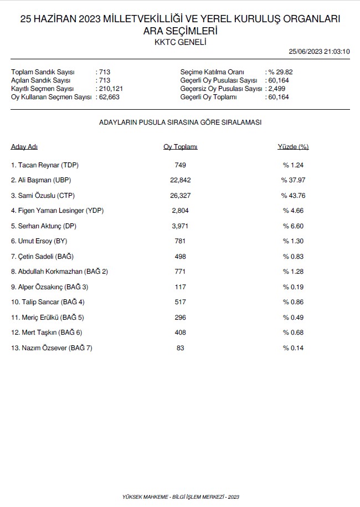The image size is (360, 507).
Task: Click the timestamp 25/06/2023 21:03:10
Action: [x=320, y=52]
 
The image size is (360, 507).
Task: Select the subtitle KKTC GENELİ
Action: [x=180, y=42]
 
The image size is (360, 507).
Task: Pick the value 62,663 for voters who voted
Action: [x=109, y=97]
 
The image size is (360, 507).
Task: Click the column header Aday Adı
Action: [x=24, y=147]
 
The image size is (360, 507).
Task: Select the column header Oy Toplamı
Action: [x=180, y=147]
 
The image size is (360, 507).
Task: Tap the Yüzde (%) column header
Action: [x=293, y=147]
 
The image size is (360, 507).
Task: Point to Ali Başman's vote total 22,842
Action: [x=180, y=180]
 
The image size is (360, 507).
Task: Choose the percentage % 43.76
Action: [x=293, y=196]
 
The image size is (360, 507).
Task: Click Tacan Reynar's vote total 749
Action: [x=180, y=165]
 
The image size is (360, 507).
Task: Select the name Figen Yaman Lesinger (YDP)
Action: [x=58, y=211]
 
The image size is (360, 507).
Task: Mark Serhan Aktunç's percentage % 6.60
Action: [x=293, y=226]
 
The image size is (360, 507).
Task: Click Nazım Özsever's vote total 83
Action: [x=180, y=348]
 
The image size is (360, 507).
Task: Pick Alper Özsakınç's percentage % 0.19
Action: [x=293, y=287]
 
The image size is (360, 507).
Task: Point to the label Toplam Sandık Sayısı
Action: [x=43, y=72]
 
